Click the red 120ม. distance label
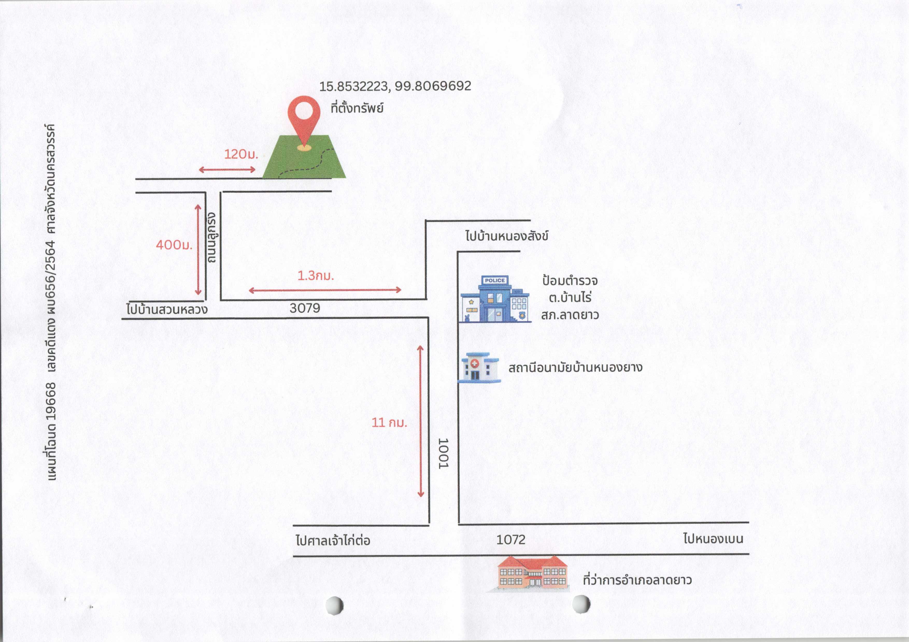point(241,154)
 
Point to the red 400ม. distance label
point(174,245)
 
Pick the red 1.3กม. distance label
point(316,275)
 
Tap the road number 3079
point(305,308)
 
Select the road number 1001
point(443,453)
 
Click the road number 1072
point(511,539)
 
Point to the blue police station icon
point(495,299)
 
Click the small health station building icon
point(479,368)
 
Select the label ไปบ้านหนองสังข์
point(507,236)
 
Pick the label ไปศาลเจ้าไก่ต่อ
point(333,539)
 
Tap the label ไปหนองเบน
point(713,538)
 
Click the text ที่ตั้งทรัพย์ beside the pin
point(357,108)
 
